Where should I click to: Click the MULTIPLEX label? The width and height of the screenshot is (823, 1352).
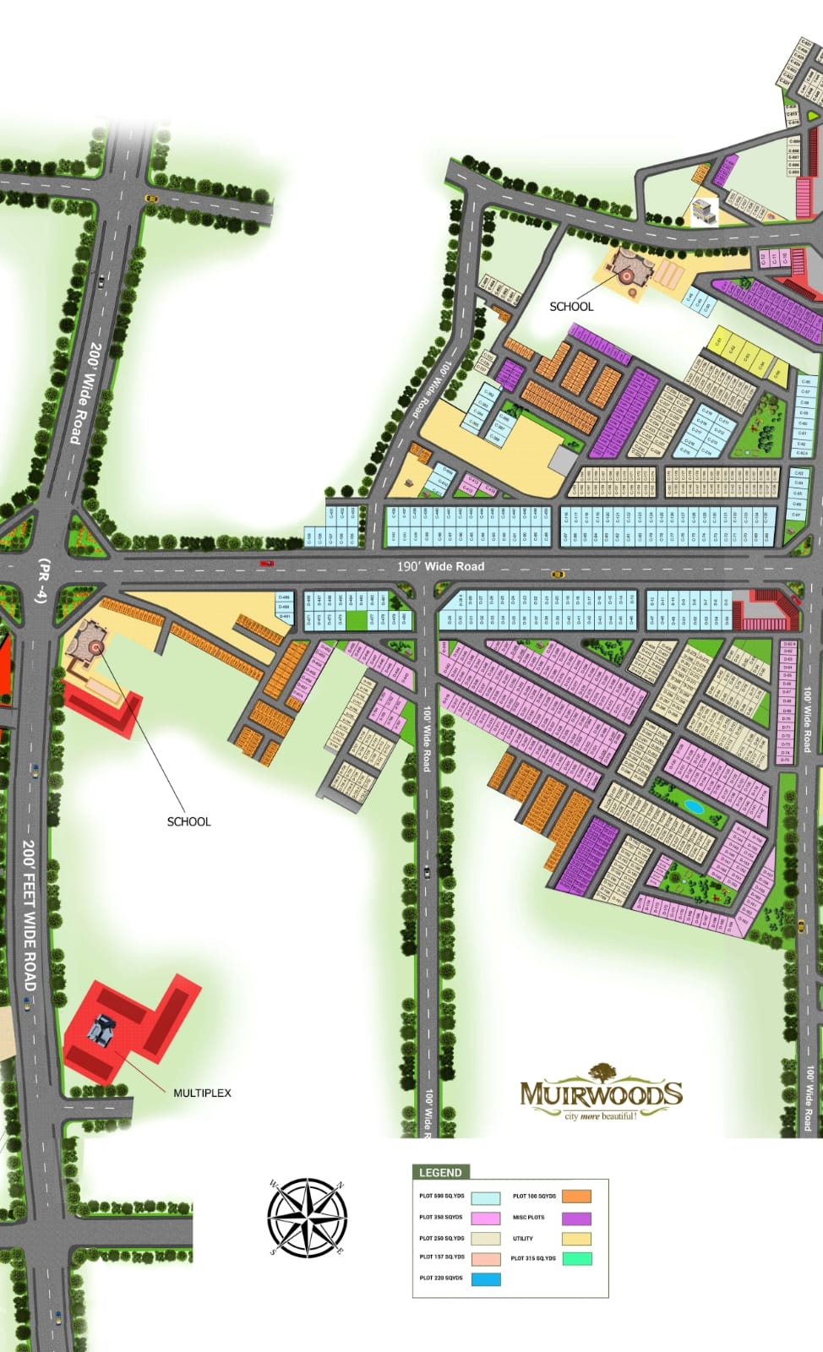[x=202, y=1093]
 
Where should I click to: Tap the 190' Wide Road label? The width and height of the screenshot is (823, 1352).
[x=441, y=566]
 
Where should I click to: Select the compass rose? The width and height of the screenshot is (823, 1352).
[x=307, y=1217]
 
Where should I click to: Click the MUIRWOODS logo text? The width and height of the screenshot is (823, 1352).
[x=601, y=1094]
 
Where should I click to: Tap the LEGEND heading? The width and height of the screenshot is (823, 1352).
[x=440, y=1172]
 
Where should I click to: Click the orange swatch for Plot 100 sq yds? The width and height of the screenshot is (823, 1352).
[x=576, y=1197]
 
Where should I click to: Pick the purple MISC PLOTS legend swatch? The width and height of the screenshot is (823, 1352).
[x=576, y=1218]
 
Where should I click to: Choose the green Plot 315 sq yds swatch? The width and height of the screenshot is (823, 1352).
[x=576, y=1258]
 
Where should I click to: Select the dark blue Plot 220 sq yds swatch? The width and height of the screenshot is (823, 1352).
[x=486, y=1279]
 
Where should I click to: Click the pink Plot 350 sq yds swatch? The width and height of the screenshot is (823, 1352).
[x=486, y=1218]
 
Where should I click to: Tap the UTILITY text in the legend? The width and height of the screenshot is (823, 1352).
[x=523, y=1239]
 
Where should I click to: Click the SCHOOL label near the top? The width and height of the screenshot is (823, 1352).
[x=571, y=307]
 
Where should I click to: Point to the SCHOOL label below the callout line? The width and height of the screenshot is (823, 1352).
[x=188, y=821]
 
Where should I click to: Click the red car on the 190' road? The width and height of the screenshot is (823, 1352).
[x=267, y=563]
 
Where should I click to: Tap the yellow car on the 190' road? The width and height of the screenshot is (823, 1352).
[x=558, y=575]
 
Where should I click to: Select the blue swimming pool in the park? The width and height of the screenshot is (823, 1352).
[x=694, y=805]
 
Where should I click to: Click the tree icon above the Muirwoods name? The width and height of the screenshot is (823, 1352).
[x=602, y=1071]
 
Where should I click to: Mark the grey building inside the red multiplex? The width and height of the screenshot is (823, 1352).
[x=104, y=1031]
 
